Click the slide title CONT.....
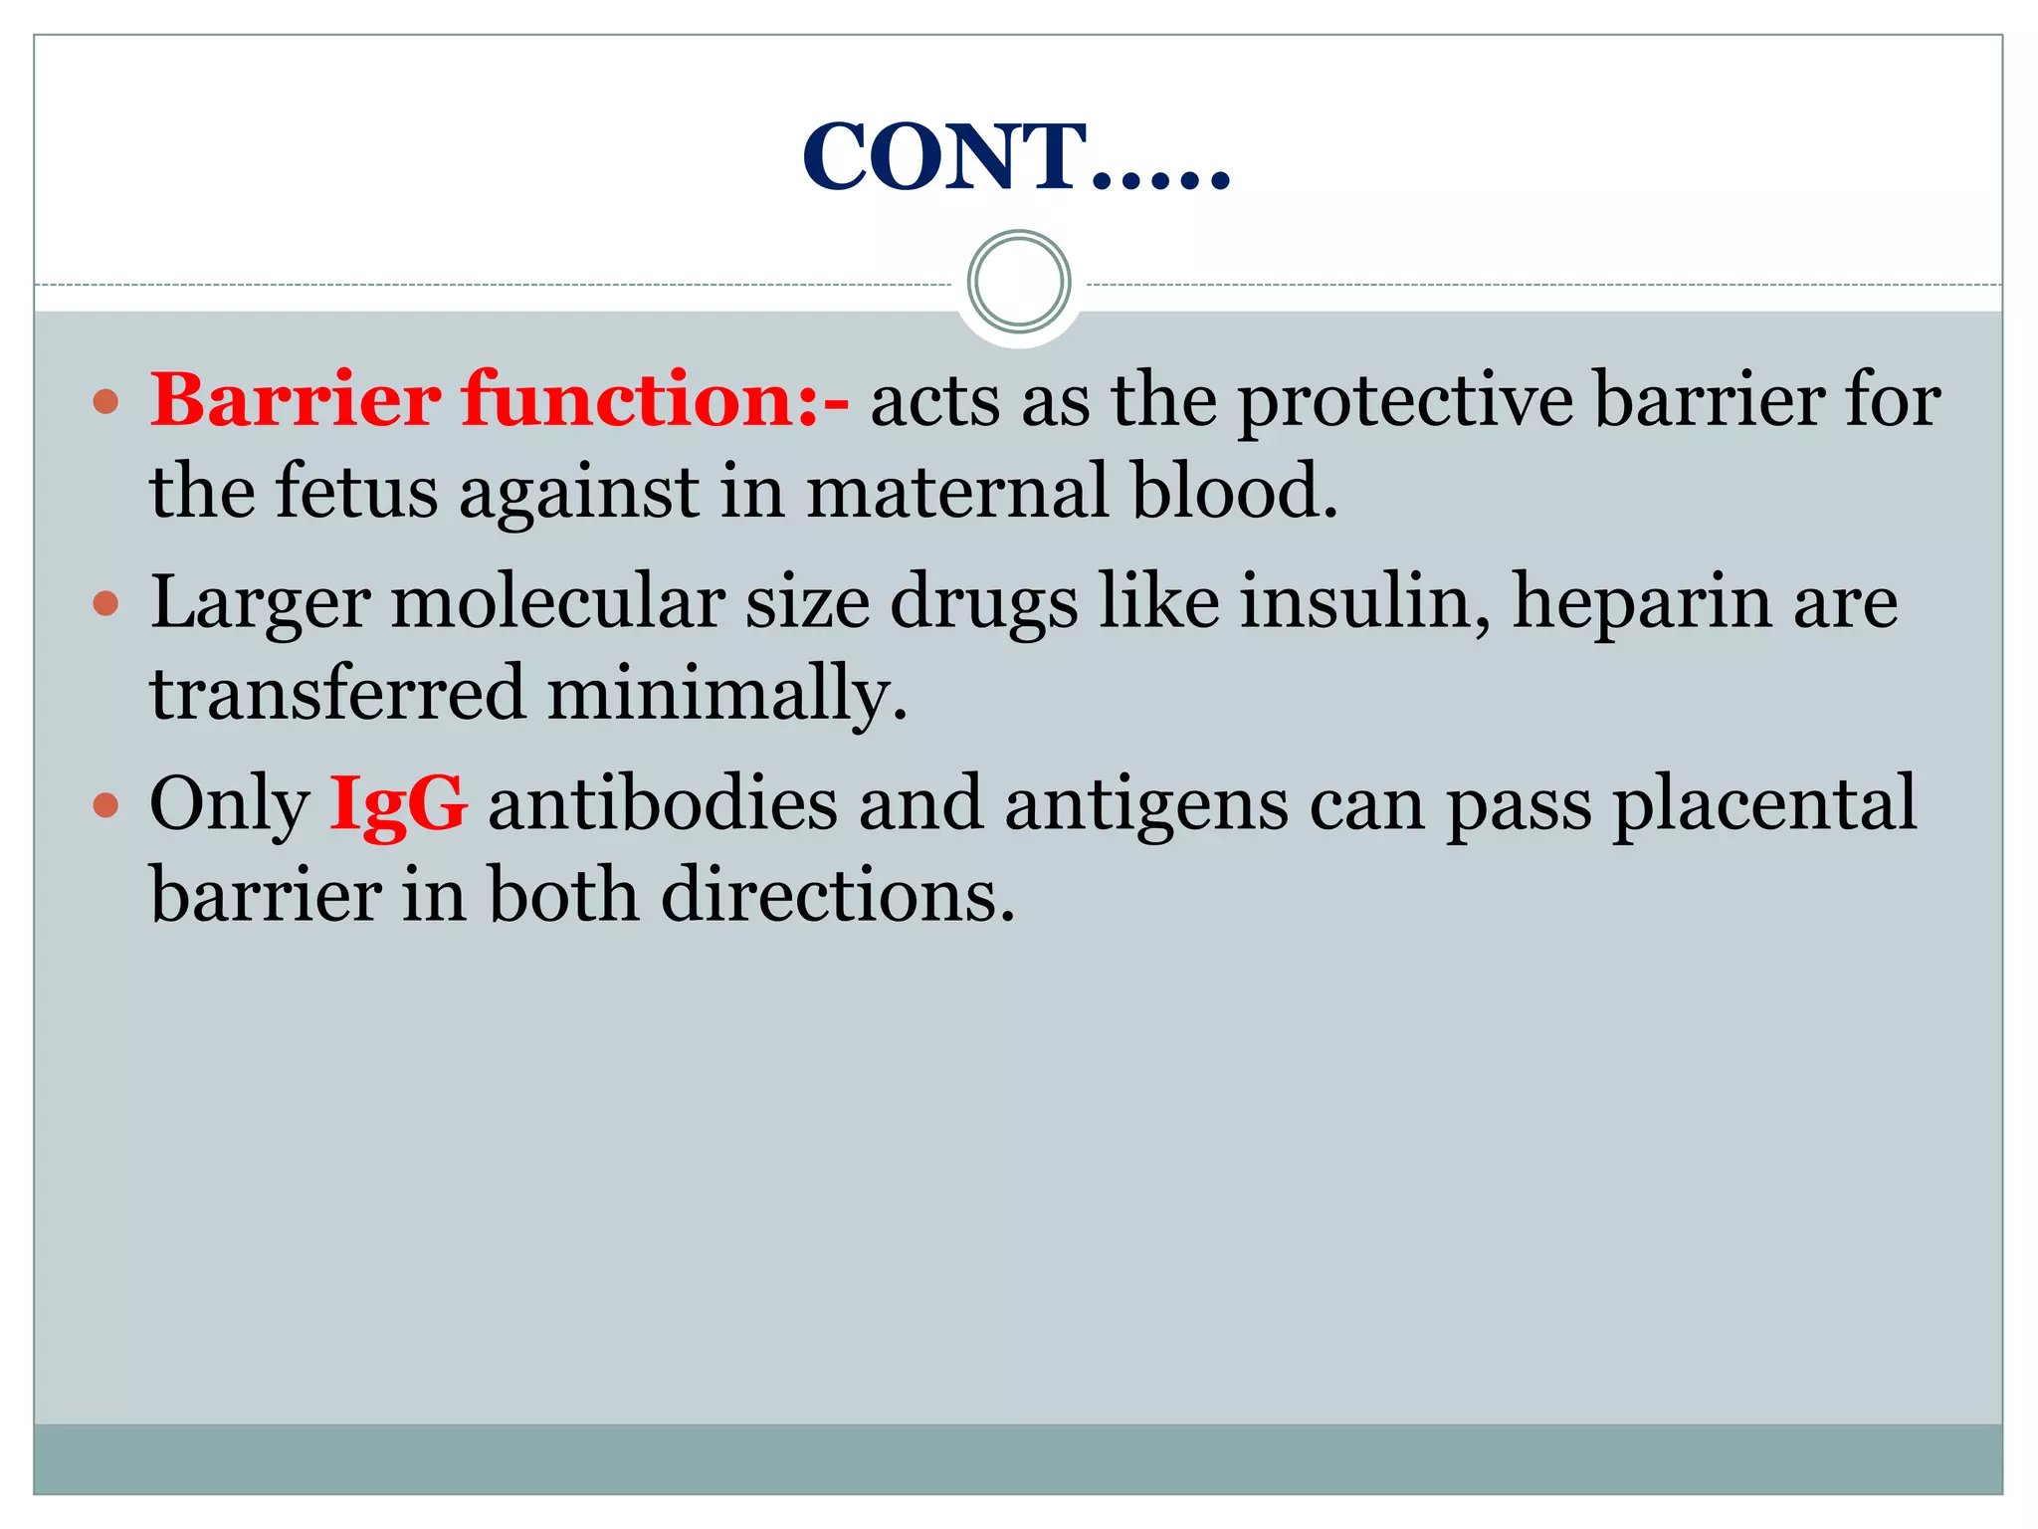(1015, 156)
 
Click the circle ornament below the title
(1018, 282)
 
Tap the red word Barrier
(296, 400)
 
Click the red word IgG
(397, 803)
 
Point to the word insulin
(1363, 602)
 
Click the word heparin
(1641, 604)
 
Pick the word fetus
(355, 491)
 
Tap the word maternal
(956, 491)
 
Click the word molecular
(557, 602)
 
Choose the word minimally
(726, 695)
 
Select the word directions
(837, 895)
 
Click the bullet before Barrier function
(105, 402)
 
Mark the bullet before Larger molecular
(105, 603)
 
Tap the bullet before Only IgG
(105, 804)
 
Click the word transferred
(336, 693)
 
